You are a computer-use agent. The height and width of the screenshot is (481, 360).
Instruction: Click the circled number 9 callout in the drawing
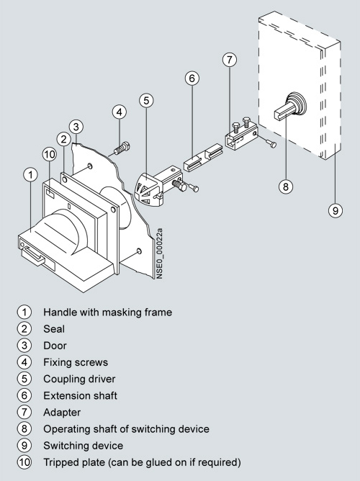[x=336, y=210]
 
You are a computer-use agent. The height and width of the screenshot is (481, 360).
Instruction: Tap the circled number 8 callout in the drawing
[x=286, y=186]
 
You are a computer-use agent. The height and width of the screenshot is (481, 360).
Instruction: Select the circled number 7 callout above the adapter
[x=230, y=60]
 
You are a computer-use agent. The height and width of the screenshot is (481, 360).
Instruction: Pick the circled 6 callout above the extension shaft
[x=192, y=78]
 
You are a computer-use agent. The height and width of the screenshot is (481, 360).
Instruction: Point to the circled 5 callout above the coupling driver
[x=146, y=100]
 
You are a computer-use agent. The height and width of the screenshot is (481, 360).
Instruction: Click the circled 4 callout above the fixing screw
[x=120, y=112]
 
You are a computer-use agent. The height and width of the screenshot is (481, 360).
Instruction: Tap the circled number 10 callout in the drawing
[x=50, y=154]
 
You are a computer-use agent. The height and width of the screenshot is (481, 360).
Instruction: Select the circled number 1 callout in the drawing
[x=30, y=175]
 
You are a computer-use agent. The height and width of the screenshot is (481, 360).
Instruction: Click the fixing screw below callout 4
[x=122, y=148]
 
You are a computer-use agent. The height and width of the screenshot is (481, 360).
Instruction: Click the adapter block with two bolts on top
[x=240, y=137]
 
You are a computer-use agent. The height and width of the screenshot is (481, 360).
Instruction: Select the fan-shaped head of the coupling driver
[x=148, y=189]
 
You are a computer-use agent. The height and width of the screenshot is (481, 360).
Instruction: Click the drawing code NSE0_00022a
[x=159, y=253]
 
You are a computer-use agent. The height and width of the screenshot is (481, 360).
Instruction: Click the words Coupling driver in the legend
[x=79, y=379]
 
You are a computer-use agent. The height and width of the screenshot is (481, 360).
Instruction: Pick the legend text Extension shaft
[x=80, y=395]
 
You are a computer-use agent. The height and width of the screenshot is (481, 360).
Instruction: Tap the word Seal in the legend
[x=54, y=329]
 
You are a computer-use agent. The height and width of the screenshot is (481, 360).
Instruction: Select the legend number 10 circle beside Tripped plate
[x=24, y=462]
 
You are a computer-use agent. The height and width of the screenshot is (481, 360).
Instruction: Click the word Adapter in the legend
[x=62, y=413]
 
